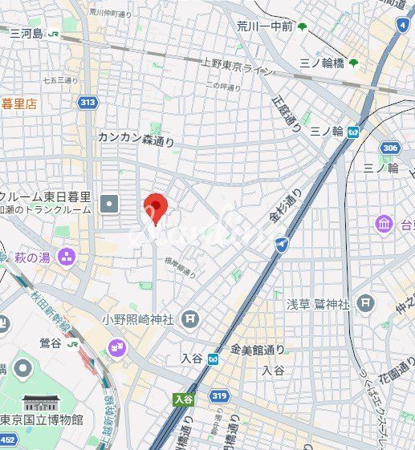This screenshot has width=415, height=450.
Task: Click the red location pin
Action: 154,208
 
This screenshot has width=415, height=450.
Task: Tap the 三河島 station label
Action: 26,33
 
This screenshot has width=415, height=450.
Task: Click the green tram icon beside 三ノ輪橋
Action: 354,63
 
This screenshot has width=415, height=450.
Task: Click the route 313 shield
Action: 87,102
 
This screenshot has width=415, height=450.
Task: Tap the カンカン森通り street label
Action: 136,138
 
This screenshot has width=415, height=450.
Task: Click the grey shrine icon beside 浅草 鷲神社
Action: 366,302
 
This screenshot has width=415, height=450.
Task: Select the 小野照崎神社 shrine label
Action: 137,319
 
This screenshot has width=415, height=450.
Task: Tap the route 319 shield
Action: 218,395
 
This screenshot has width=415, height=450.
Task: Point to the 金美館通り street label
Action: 258,350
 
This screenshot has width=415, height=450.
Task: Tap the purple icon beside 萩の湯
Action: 66,256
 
